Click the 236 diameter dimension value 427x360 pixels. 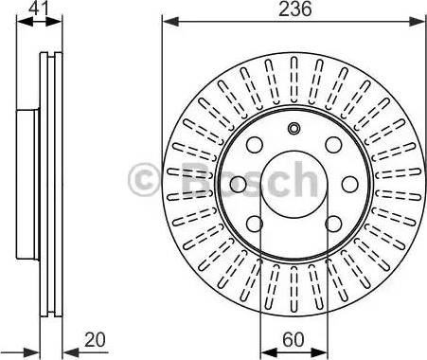294,9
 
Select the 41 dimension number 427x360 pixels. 39,9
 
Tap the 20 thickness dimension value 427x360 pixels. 95,340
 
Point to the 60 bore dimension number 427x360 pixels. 294,339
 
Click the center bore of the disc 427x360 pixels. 294,185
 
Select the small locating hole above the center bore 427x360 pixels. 294,128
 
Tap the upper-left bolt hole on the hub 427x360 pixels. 255,145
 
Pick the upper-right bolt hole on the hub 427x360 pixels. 334,145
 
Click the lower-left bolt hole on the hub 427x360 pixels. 255,224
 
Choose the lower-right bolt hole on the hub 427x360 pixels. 334,224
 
